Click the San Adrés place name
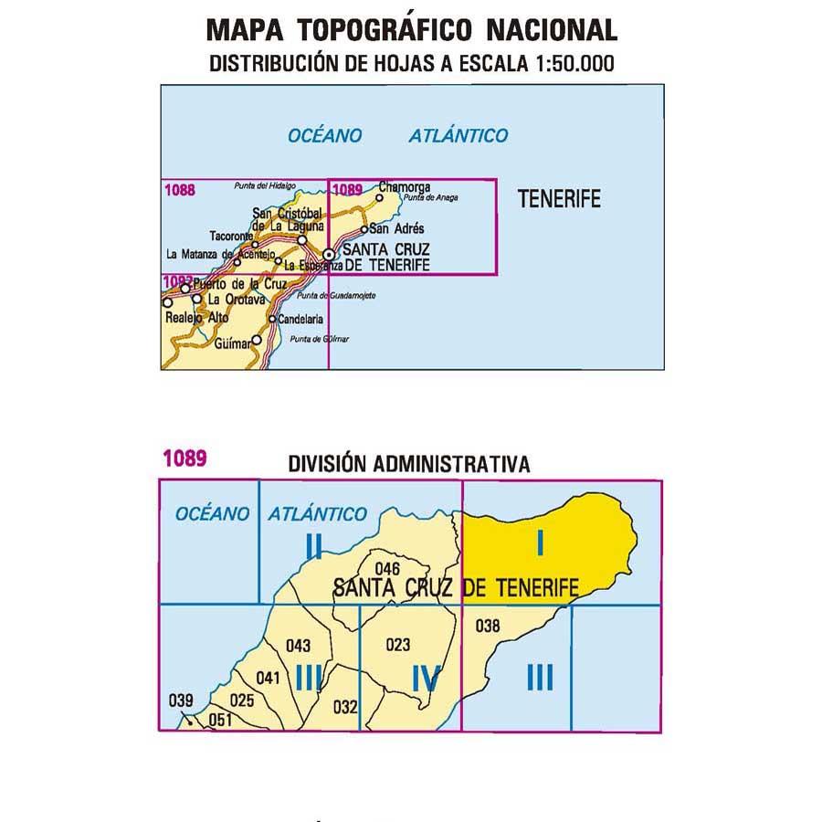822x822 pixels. coord(397,229)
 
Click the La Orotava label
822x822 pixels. coord(237,299)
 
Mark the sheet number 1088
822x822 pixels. coord(181,190)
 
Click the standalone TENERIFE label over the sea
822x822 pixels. coord(559,198)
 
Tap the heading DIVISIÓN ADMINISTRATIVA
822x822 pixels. coord(408,464)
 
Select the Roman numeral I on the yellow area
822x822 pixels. coord(541,543)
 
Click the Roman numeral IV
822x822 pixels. coord(427,679)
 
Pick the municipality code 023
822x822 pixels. coord(398,645)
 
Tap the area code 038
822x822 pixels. coord(489,626)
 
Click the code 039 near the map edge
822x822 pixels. coord(182,701)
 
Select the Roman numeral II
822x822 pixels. coord(313,546)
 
